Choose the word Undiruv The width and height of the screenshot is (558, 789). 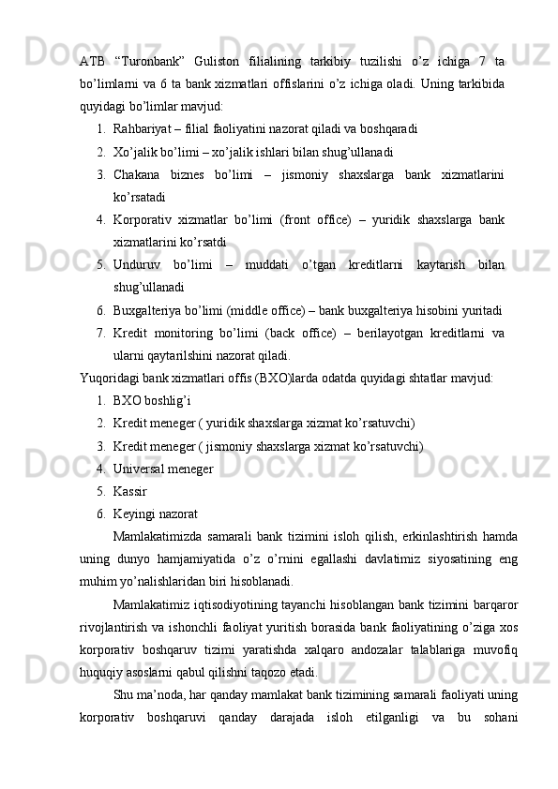(139, 265)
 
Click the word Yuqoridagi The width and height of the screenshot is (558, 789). (113, 379)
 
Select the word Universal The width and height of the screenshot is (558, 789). (143, 469)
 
